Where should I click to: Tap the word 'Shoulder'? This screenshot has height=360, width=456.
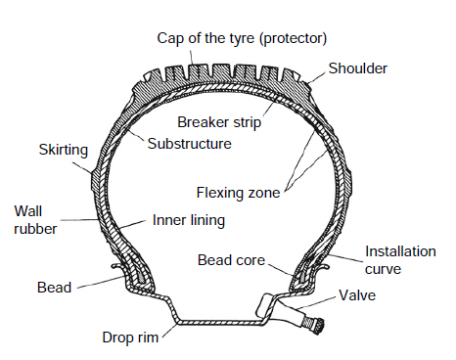click(358, 69)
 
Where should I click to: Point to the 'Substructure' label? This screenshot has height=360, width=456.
click(189, 143)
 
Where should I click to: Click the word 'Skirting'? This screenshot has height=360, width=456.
click(64, 150)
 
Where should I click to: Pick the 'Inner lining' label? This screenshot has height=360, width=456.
click(189, 220)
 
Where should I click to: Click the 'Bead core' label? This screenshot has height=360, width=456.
click(229, 260)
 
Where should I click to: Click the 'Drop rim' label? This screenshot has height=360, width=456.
click(131, 337)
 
